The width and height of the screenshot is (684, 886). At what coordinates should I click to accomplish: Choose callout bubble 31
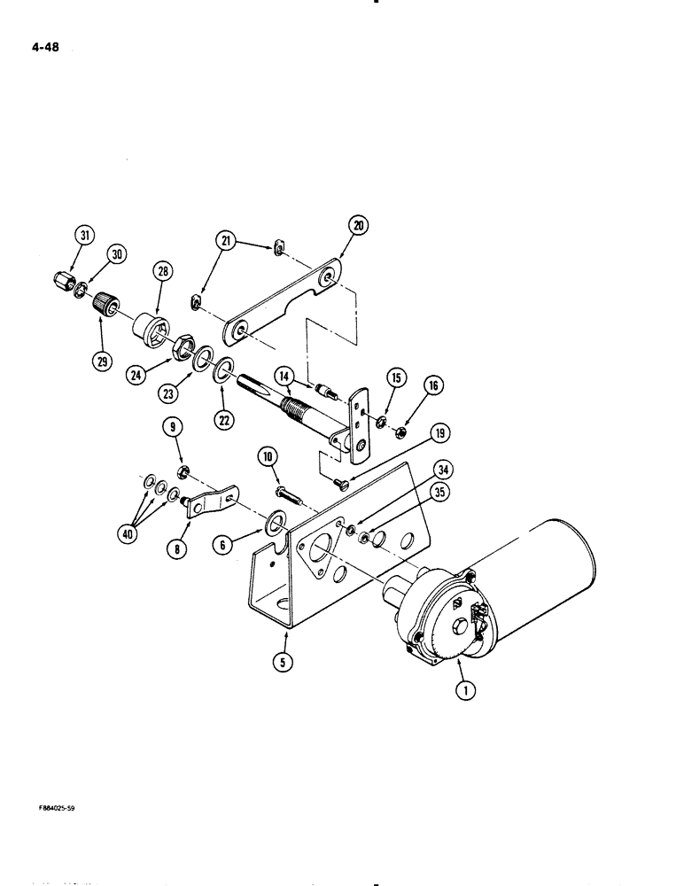(85, 235)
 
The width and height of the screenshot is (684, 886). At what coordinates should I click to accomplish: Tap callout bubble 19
(439, 433)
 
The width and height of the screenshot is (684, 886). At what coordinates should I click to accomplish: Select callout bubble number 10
(268, 457)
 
